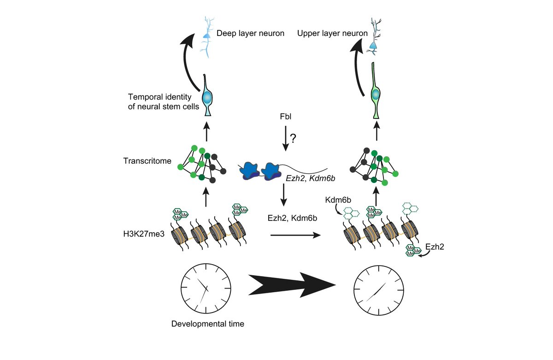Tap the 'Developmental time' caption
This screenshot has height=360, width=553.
click(207, 324)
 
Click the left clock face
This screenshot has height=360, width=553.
click(205, 288)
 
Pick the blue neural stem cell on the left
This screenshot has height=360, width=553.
click(208, 98)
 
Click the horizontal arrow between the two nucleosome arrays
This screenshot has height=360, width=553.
click(295, 235)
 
